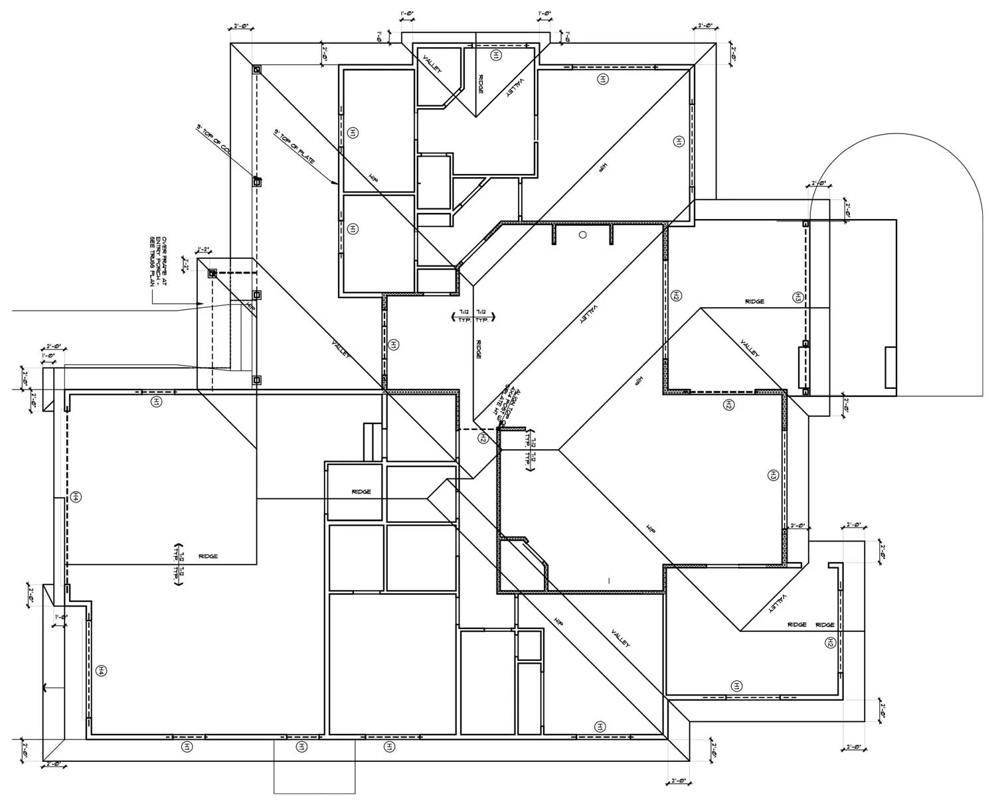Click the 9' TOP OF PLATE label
tap(294, 147)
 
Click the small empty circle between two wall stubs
tap(583, 234)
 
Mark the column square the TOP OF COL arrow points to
tap(256, 181)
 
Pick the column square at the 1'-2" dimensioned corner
tap(212, 273)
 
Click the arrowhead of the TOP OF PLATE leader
tap(337, 183)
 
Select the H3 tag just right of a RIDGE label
tap(798, 297)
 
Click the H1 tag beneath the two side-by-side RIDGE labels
tap(737, 686)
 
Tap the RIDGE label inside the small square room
tap(361, 492)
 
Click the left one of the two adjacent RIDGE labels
tap(797, 624)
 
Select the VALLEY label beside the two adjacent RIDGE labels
tap(776, 603)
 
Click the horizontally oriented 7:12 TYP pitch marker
tap(473, 315)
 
